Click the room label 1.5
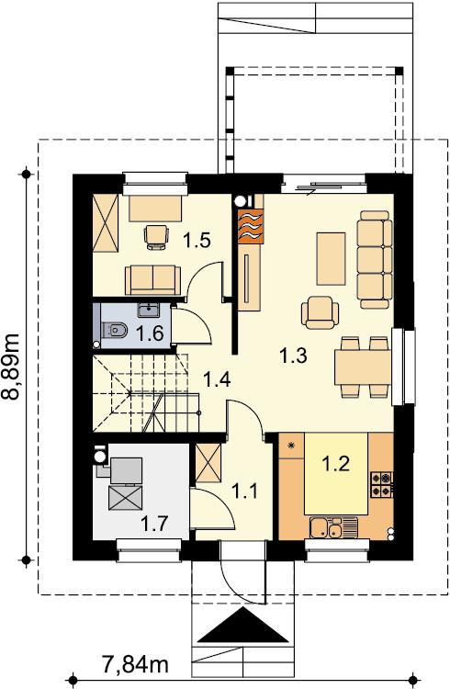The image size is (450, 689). (x=197, y=241)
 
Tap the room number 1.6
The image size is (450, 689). (x=150, y=333)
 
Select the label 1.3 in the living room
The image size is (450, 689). (x=294, y=356)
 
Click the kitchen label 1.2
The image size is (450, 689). (x=336, y=463)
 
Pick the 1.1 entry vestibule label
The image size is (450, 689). (x=244, y=491)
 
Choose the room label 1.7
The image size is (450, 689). (x=154, y=524)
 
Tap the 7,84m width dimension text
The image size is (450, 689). (x=135, y=665)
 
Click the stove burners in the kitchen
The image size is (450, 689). (x=381, y=485)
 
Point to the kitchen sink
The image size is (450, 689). (x=334, y=527)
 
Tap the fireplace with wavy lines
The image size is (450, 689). (x=250, y=225)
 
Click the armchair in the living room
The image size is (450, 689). (x=320, y=312)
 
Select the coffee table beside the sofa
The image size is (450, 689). (x=331, y=259)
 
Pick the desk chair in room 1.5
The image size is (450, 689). (x=157, y=237)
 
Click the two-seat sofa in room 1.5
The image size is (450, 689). (x=152, y=280)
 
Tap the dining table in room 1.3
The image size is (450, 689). (x=363, y=367)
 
